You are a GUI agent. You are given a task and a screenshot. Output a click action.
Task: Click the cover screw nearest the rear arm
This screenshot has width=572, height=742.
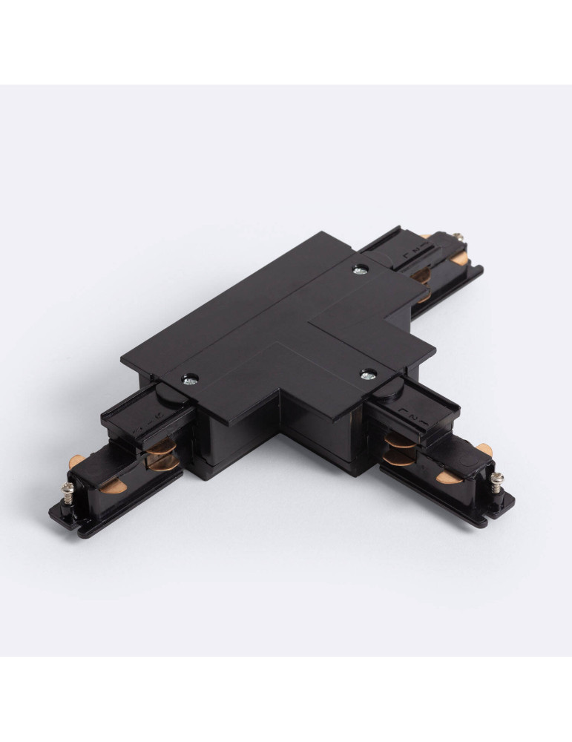pyautogui.click(x=360, y=268)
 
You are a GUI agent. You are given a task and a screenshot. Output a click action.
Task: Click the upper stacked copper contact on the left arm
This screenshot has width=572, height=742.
pyautogui.click(x=158, y=450)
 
